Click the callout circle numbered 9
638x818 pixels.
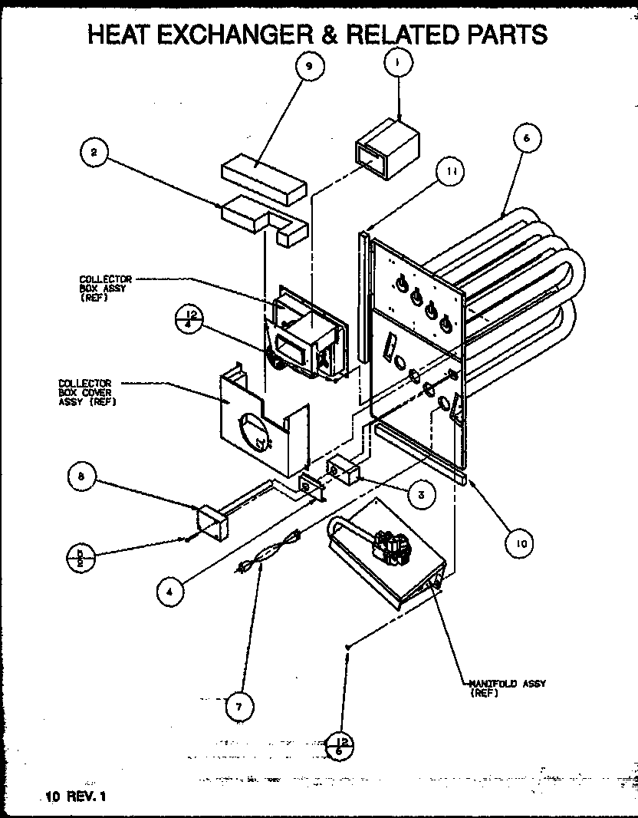click(x=308, y=67)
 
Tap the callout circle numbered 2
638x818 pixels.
click(x=94, y=153)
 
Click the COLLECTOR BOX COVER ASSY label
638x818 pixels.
click(x=85, y=391)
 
